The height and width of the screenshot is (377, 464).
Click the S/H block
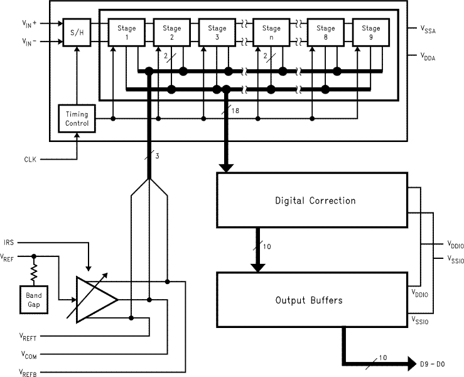pos(77,32)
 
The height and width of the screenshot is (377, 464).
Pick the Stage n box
pos(271,32)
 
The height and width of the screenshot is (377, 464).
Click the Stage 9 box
pos(370,32)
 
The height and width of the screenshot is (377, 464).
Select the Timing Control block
pos(77,119)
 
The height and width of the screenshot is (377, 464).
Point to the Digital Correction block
pos(315,201)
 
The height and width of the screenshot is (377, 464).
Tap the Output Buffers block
pos(309,300)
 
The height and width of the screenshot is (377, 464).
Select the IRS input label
pos(9,243)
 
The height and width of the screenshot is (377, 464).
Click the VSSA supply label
pos(428,29)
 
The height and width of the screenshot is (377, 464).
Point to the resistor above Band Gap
pos(34,271)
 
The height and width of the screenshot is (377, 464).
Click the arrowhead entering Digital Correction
pos(226,168)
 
